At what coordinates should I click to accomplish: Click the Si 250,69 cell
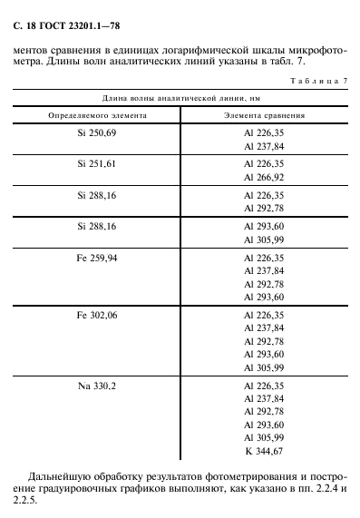click(97, 133)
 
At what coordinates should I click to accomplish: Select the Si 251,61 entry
click(97, 164)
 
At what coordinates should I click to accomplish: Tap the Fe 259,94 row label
click(97, 259)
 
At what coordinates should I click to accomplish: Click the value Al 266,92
click(264, 177)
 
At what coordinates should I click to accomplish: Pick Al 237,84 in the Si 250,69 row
click(264, 146)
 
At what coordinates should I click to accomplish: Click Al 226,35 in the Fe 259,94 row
click(264, 259)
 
